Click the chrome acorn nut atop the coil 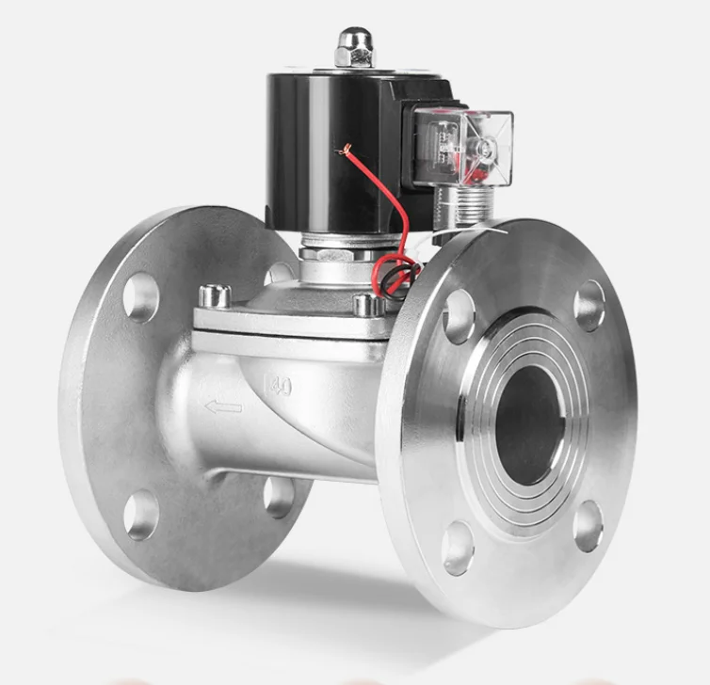(x=354, y=47)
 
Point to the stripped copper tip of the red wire (x=346, y=149)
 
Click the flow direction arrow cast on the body (x=223, y=406)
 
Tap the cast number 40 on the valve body (x=278, y=384)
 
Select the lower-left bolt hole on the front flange (x=459, y=546)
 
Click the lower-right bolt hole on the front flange (x=588, y=527)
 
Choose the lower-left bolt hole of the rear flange (x=141, y=514)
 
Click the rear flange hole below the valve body (x=279, y=496)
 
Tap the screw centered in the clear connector (x=486, y=149)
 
